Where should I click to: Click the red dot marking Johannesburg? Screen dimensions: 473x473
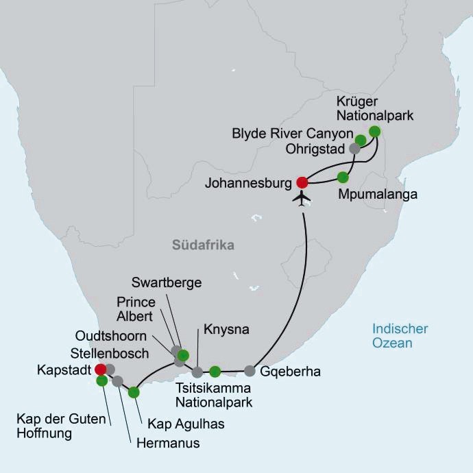302,182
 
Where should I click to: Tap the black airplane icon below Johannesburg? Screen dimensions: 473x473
302,199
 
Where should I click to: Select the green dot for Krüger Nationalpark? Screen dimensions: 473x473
374,131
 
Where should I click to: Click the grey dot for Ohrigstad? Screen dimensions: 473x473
354,148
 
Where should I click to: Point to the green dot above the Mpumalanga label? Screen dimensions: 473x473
343,177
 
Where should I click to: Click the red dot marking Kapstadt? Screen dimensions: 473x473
101,369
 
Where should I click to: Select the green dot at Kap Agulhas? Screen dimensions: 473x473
134,392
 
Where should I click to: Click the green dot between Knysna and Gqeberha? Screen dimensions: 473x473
215,372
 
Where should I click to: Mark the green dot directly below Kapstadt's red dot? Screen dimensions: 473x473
101,380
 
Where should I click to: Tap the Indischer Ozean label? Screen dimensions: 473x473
400,336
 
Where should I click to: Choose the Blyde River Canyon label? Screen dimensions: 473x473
293,133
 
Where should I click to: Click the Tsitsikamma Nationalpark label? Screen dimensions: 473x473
214,396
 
